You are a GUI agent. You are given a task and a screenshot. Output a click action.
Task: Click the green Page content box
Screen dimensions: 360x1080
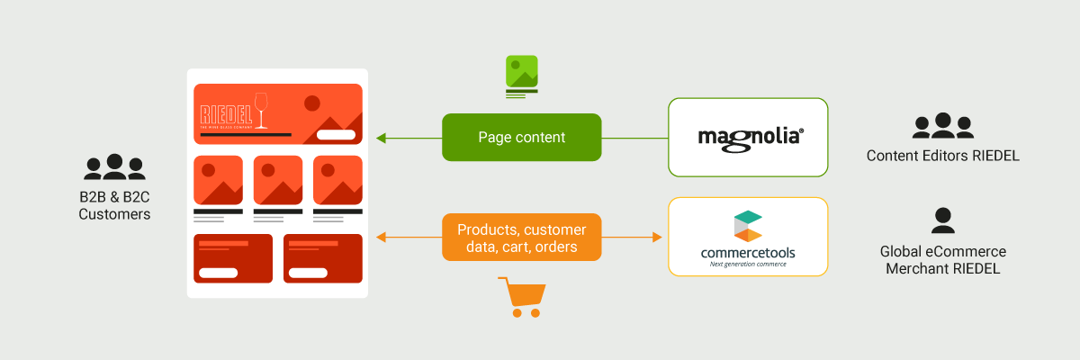click(521, 138)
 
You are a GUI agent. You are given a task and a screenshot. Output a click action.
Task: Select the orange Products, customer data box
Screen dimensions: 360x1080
click(521, 237)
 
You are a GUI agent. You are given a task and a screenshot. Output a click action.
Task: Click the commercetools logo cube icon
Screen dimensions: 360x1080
click(747, 226)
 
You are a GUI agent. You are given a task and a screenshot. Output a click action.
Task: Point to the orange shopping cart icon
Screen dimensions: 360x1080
click(522, 297)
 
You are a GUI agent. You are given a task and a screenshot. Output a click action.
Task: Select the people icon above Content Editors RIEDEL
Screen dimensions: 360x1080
click(942, 126)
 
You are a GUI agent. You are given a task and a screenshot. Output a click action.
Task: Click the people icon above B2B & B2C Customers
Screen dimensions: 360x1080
click(114, 167)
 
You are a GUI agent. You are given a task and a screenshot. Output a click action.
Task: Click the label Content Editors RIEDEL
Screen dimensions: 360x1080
click(942, 156)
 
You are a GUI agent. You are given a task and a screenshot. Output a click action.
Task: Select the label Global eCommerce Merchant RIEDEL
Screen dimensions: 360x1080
click(942, 260)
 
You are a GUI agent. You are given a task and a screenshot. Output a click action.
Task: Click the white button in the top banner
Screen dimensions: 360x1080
click(336, 135)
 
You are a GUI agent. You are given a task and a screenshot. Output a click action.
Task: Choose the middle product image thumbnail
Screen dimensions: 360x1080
click(277, 180)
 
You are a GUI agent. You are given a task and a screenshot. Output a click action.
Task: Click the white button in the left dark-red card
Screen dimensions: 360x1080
click(218, 273)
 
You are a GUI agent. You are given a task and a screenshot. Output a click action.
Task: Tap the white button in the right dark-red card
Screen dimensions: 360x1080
click(308, 273)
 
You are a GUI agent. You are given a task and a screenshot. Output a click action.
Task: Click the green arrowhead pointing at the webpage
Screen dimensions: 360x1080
click(381, 138)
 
